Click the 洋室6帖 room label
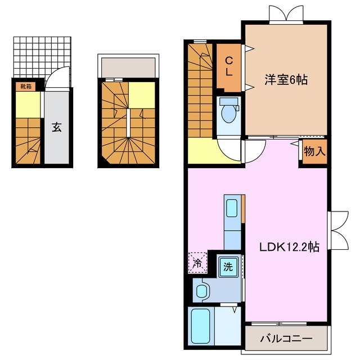pyautogui.click(x=286, y=80)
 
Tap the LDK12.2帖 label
pyautogui.click(x=289, y=247)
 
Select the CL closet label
pyautogui.click(x=229, y=67)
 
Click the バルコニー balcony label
pyautogui.click(x=286, y=339)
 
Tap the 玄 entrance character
pyautogui.click(x=57, y=127)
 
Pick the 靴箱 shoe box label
pyautogui.click(x=26, y=86)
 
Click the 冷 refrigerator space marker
pyautogui.click(x=197, y=262)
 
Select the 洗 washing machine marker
pyautogui.click(x=228, y=266)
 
